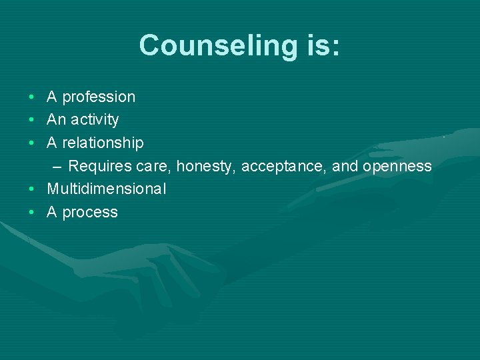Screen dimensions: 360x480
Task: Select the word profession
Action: tap(99, 97)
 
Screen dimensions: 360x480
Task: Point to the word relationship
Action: tap(103, 143)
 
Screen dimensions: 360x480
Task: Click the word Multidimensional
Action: tap(106, 189)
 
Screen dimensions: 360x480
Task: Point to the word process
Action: tap(90, 213)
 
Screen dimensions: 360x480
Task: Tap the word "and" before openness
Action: tap(345, 166)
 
